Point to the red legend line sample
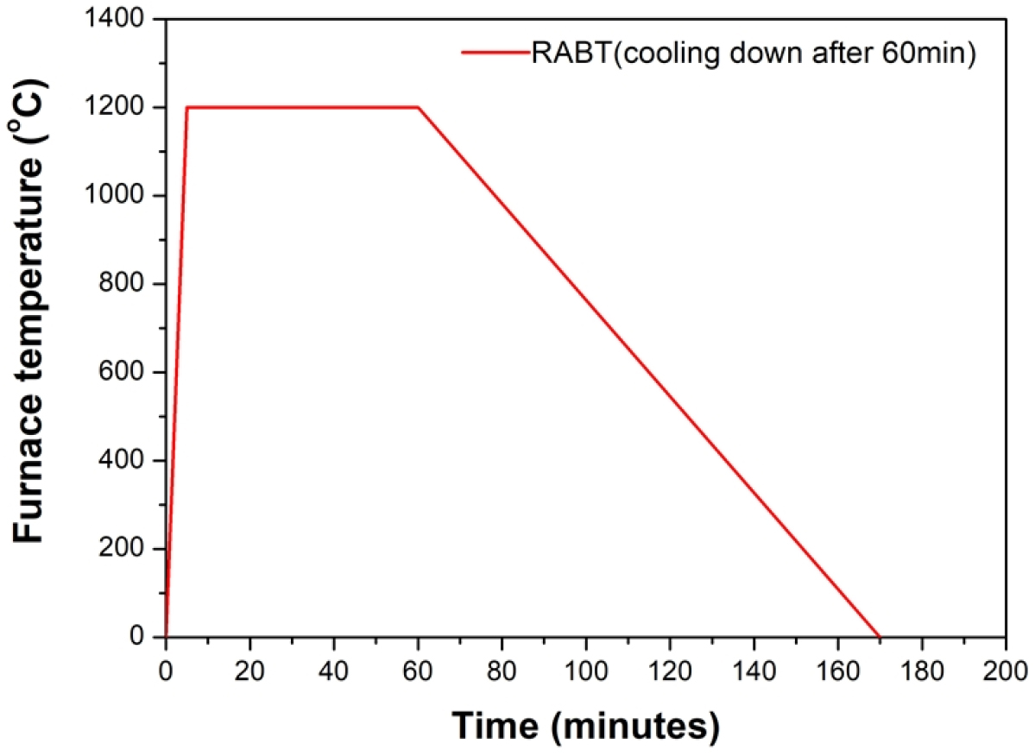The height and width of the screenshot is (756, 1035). point(495,53)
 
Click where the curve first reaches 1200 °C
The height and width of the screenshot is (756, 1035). point(187,108)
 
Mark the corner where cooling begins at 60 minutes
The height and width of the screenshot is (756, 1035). point(419,108)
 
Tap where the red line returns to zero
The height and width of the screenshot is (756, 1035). point(880,636)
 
